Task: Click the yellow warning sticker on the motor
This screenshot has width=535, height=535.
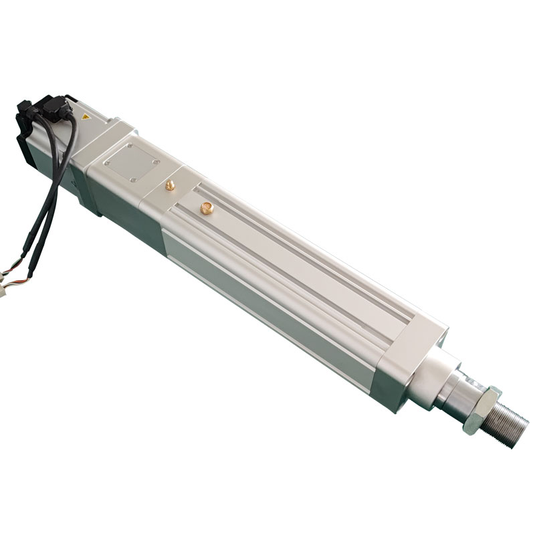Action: tap(85, 117)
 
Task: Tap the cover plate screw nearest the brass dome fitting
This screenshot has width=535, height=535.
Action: tap(156, 162)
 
